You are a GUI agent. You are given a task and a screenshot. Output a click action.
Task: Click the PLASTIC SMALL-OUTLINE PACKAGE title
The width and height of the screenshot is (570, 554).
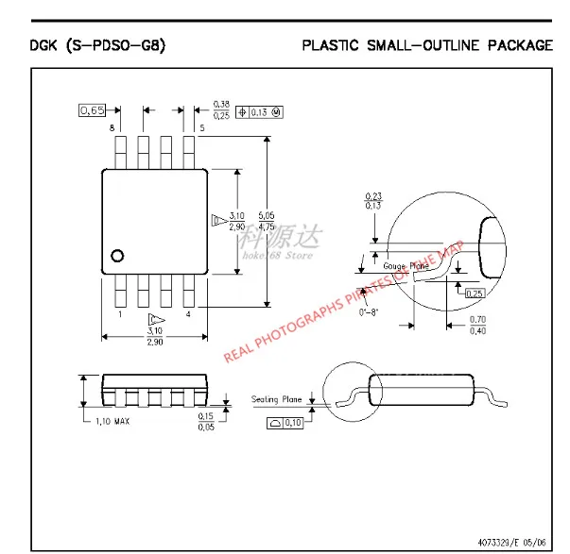click(x=427, y=44)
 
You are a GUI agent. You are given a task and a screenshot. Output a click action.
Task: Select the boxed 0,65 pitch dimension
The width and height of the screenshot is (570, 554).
click(x=92, y=110)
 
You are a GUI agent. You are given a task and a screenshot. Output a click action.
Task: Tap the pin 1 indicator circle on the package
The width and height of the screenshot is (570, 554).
click(x=118, y=255)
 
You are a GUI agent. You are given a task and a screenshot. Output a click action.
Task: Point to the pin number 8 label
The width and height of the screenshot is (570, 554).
click(x=112, y=127)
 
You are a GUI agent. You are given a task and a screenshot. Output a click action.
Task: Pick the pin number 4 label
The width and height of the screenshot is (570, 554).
click(x=189, y=313)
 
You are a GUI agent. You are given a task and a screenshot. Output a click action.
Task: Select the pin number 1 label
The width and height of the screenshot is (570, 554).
click(x=119, y=313)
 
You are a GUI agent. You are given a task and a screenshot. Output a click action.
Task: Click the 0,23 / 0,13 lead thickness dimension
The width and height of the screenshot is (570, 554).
click(x=373, y=199)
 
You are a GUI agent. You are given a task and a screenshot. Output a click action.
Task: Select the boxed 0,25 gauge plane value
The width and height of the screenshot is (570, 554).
click(x=474, y=293)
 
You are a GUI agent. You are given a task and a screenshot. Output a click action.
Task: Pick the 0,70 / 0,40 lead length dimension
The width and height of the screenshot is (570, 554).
click(x=478, y=325)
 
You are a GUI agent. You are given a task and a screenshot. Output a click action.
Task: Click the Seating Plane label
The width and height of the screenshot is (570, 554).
click(x=277, y=399)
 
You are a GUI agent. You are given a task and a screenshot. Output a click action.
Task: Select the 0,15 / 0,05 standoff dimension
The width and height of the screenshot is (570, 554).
click(x=205, y=421)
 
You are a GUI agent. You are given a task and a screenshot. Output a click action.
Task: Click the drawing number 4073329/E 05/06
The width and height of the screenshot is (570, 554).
click(x=505, y=539)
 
